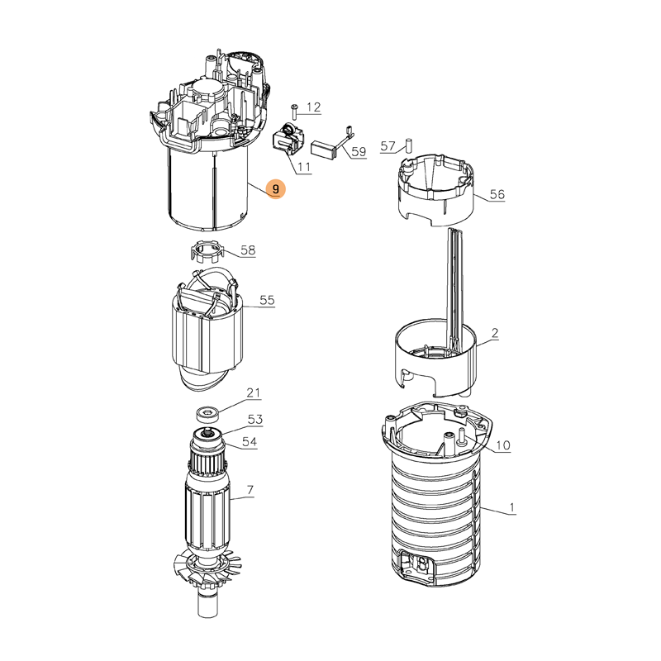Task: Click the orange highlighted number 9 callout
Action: point(276,189)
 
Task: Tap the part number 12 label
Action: point(313,107)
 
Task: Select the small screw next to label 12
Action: point(295,112)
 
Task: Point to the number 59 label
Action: point(359,151)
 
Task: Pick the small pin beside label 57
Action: point(408,145)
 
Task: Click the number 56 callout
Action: point(497,194)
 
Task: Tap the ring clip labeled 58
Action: point(205,251)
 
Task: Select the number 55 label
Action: point(267,300)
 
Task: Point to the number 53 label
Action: point(255,419)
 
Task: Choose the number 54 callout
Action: point(250,442)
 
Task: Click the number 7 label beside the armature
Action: point(250,490)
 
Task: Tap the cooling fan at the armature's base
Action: point(206,569)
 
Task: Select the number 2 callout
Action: point(495,333)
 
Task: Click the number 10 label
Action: point(503,445)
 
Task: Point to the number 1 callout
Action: point(511,507)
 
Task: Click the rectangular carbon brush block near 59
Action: point(323,150)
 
